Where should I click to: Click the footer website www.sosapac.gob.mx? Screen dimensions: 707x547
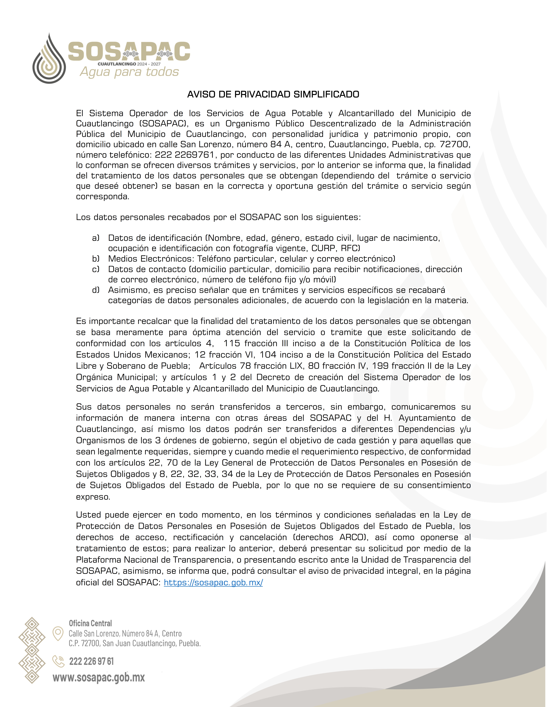tap(99, 678)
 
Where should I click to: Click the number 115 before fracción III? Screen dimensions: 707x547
tap(232, 343)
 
